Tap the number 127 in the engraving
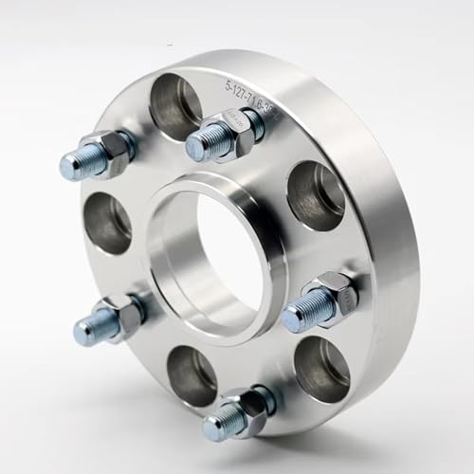(x=246, y=93)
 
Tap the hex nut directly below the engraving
(x=236, y=133)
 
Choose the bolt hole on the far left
(x=110, y=223)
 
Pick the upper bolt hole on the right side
(x=317, y=195)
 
